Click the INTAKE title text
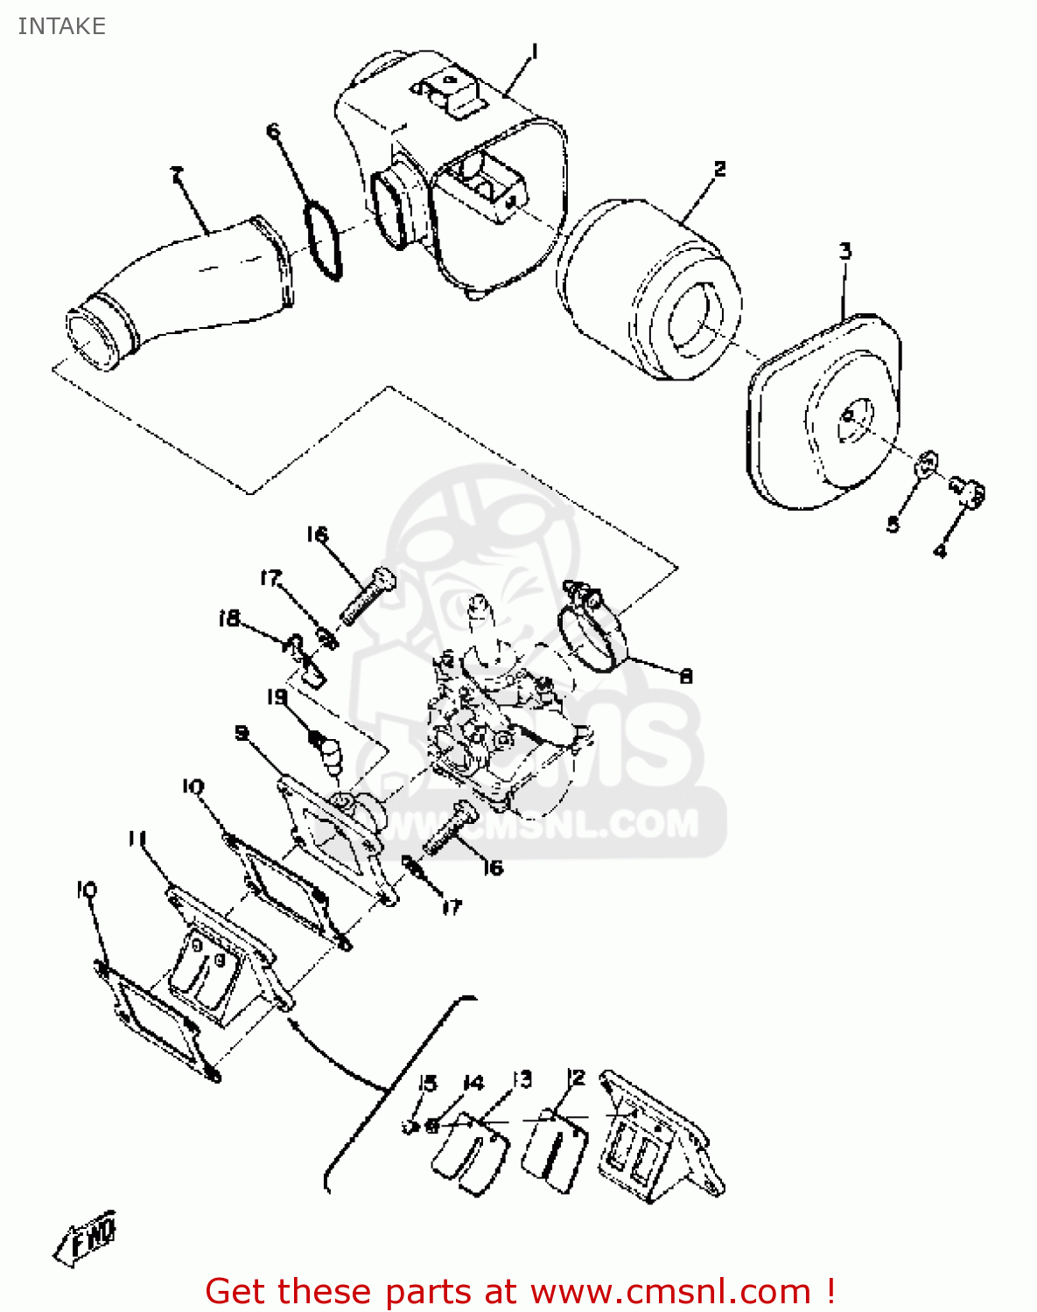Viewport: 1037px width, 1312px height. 61,26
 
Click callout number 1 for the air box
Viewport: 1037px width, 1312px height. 534,53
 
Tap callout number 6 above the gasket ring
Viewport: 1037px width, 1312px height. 274,132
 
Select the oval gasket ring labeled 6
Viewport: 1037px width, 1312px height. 324,241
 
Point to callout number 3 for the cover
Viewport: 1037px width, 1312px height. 845,252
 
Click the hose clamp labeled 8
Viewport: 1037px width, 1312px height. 592,634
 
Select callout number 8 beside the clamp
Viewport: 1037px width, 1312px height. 686,675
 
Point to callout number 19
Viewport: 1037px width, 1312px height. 277,697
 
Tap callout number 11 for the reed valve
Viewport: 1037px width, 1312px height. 137,840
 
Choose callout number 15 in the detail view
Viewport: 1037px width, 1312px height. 426,1084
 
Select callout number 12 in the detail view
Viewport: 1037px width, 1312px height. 575,1078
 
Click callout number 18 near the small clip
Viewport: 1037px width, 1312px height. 228,619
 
